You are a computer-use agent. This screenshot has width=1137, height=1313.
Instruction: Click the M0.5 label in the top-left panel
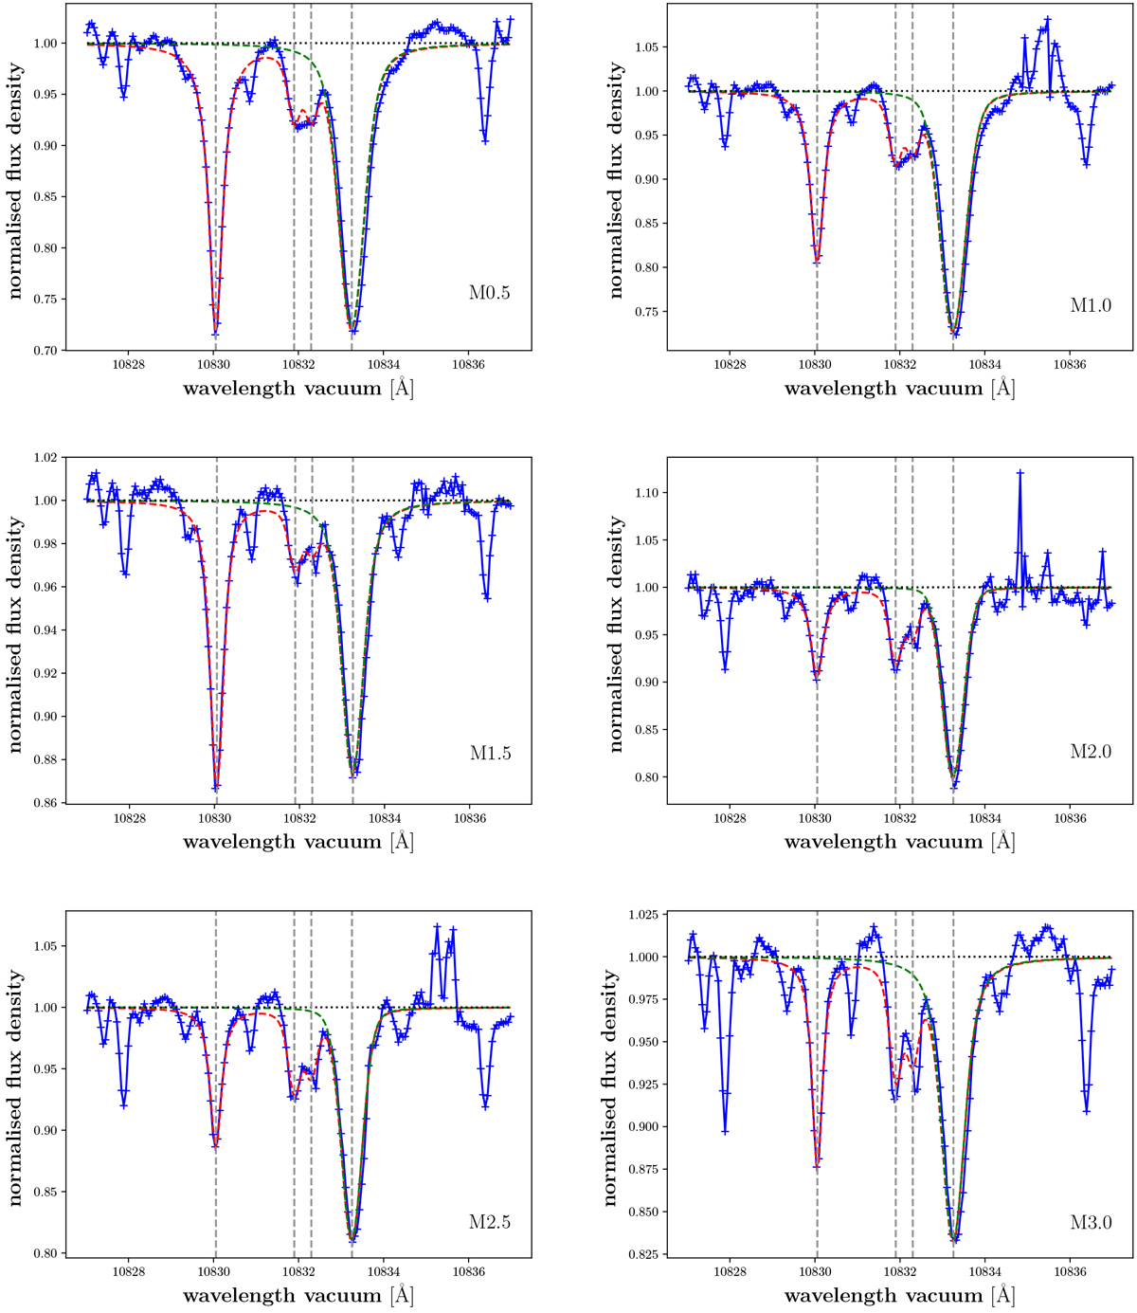click(x=490, y=293)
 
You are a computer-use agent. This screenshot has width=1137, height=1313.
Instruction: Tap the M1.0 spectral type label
click(x=1091, y=305)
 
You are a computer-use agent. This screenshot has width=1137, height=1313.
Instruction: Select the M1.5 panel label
click(x=490, y=754)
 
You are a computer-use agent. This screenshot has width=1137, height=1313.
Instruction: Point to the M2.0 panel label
click(x=1091, y=752)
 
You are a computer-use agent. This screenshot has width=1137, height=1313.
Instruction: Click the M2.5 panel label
click(x=490, y=1222)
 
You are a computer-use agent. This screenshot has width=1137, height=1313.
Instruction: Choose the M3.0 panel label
click(x=1091, y=1222)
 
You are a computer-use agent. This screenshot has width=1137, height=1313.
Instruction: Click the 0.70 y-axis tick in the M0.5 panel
click(x=43, y=351)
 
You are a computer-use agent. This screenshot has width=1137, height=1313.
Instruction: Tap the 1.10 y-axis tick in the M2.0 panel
click(x=644, y=493)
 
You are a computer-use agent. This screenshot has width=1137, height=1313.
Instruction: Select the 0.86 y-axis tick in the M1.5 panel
click(x=43, y=803)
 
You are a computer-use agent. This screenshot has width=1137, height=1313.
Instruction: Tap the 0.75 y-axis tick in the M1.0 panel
click(x=644, y=312)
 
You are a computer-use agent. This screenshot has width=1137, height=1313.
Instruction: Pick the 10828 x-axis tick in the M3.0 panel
click(x=730, y=1268)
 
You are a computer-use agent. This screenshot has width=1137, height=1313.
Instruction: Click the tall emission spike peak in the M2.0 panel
click(x=1020, y=472)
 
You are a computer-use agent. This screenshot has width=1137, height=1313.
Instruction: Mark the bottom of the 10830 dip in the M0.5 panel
click(x=216, y=334)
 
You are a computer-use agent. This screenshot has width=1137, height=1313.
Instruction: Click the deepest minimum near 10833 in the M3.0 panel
click(x=955, y=1240)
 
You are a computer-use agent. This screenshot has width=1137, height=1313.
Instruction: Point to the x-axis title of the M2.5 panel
click(x=298, y=1295)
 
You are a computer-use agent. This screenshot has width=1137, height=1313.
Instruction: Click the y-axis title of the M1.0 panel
click(x=617, y=180)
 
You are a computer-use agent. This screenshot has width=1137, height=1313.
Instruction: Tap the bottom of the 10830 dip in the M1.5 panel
click(x=216, y=788)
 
